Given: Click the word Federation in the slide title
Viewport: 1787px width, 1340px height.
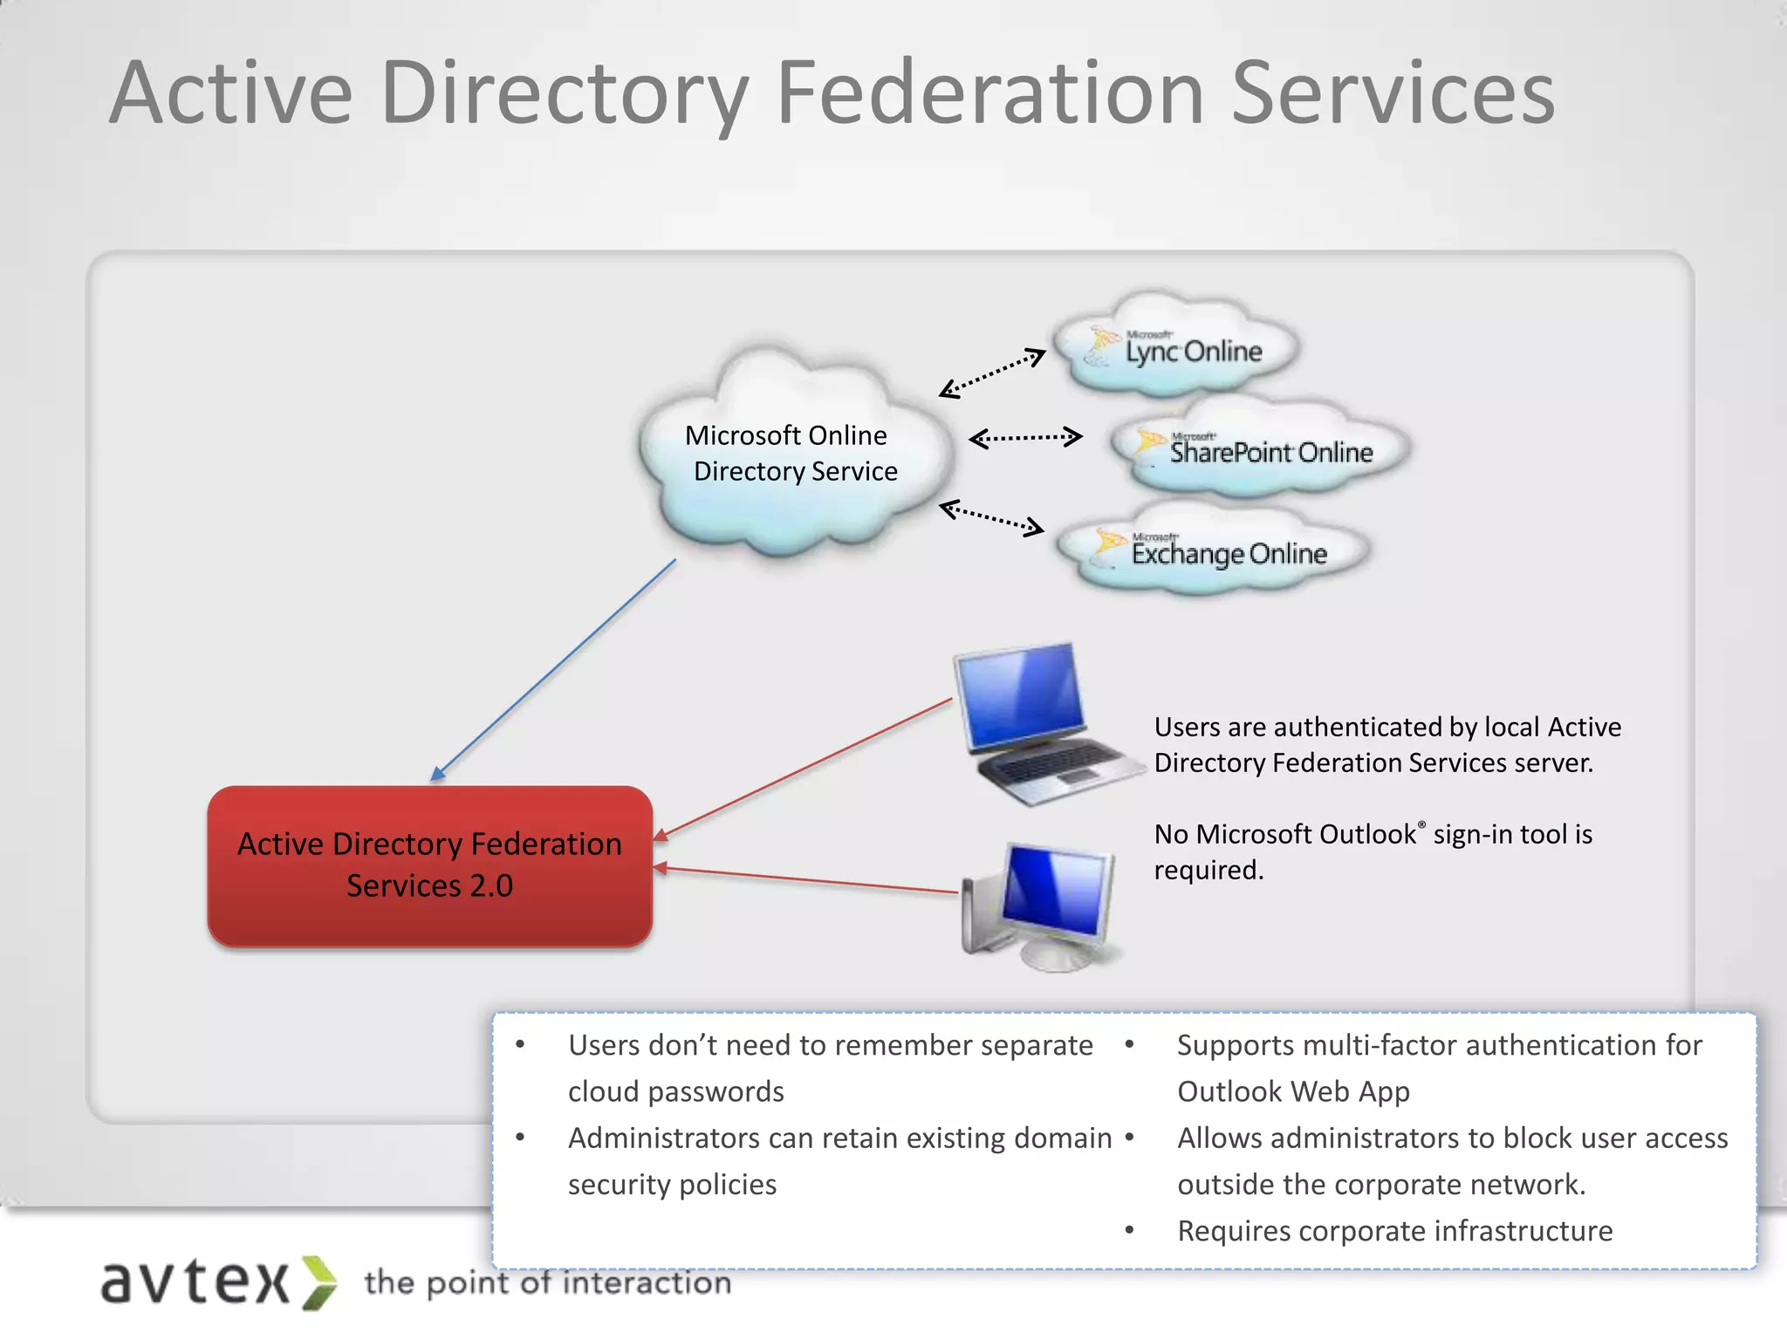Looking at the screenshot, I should click(x=991, y=93).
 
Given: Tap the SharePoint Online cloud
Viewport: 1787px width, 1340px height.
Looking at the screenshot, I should click(x=1260, y=448).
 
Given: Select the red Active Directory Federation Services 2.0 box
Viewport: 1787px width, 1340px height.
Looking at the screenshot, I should click(x=429, y=865).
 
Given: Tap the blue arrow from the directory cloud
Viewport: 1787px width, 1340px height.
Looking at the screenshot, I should click(x=553, y=670).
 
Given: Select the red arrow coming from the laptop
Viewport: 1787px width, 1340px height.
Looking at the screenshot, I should click(x=803, y=769).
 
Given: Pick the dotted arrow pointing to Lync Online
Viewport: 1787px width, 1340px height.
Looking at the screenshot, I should click(x=993, y=373).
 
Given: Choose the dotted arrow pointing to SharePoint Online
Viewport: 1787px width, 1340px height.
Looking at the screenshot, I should click(x=1026, y=438).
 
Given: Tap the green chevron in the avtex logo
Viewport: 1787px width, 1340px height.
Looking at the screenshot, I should click(x=319, y=1282).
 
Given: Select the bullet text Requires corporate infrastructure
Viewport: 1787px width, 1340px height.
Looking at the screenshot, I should click(x=1394, y=1231).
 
